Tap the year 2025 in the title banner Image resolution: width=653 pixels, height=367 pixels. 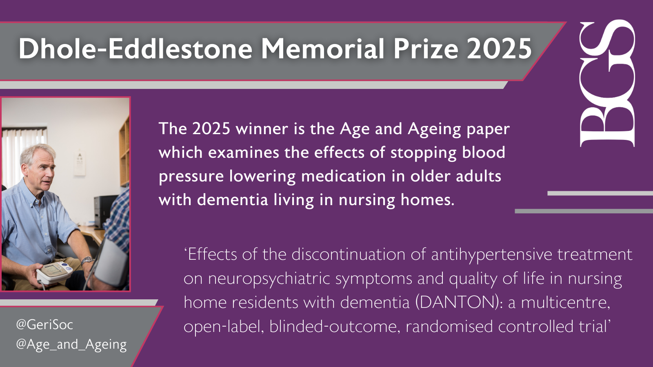tap(500, 49)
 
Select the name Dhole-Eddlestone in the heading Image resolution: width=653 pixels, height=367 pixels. tap(135, 49)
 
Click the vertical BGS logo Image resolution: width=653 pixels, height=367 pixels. tap(607, 83)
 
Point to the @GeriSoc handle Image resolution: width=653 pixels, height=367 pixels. tap(44, 325)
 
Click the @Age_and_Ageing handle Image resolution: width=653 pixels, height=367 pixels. tap(71, 345)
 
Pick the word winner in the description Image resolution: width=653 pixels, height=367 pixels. tap(262, 129)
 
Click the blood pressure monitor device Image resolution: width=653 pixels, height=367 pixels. tap(54, 272)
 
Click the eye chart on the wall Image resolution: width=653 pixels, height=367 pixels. tap(80, 163)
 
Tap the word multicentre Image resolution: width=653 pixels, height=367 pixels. tap(566, 303)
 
